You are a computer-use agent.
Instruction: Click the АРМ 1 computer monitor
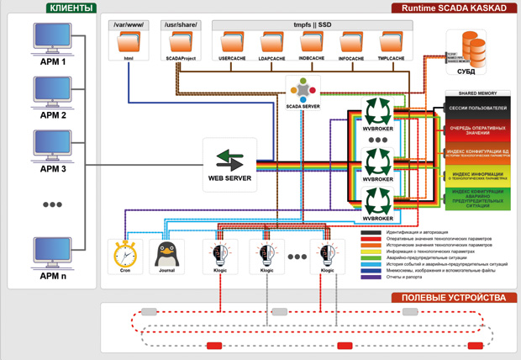51,38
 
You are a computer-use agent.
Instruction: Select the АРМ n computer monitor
51,251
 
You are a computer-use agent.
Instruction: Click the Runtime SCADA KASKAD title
455,8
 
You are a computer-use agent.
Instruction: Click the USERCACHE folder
231,42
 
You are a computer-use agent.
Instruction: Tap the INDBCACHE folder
312,42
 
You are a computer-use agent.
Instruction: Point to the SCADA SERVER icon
302,91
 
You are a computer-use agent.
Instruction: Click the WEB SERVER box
229,160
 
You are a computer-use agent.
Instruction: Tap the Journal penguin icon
166,253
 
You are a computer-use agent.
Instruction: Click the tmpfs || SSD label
312,25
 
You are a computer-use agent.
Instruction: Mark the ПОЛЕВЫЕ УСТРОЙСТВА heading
454,298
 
